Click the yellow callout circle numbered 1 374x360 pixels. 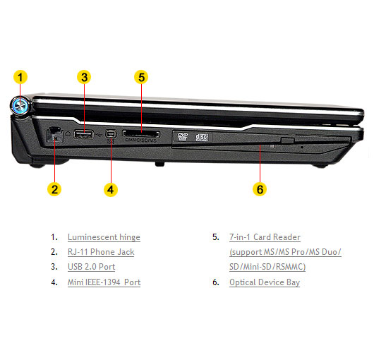[x=20, y=77]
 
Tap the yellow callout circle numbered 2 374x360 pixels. [x=54, y=189]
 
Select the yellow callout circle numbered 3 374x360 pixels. [x=84, y=77]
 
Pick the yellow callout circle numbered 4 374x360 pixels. [x=111, y=189]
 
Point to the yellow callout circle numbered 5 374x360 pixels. [x=141, y=77]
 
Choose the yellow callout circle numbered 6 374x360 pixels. [x=260, y=189]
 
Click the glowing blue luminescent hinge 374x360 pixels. [x=20, y=105]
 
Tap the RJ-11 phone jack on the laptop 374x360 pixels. [x=55, y=135]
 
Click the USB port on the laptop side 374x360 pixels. [x=83, y=134]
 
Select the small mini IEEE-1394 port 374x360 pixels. [x=111, y=134]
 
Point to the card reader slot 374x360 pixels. [x=141, y=134]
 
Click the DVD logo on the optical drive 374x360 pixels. [x=183, y=137]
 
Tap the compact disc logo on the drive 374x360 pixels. [x=202, y=137]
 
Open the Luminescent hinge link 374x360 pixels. [x=104, y=237]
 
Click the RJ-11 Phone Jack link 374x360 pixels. [x=101, y=252]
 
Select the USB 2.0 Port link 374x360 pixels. [x=91, y=267]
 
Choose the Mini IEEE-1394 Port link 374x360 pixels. [x=104, y=282]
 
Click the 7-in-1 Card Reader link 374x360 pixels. [x=265, y=237]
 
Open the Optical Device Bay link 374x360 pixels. [x=265, y=282]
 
